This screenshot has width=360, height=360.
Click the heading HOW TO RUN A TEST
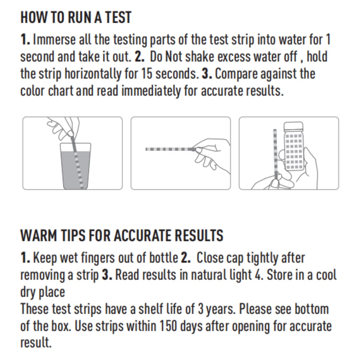tap(76, 17)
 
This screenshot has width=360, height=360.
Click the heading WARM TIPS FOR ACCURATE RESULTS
tap(121, 235)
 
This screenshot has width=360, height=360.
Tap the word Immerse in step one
tap(55, 40)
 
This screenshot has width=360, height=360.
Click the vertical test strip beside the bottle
tap(274, 153)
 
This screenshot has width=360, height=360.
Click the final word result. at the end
tap(36, 343)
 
